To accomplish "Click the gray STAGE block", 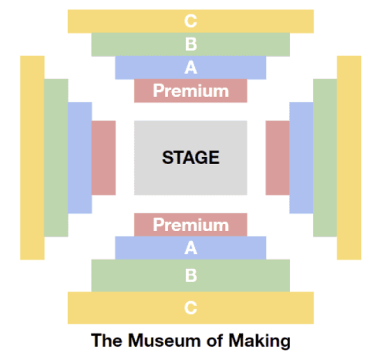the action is pyautogui.click(x=190, y=158).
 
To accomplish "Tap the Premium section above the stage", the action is pyautogui.click(x=190, y=91).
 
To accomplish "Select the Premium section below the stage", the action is pyautogui.click(x=190, y=225).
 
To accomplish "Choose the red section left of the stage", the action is pyautogui.click(x=104, y=158).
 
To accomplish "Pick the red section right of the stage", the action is pyautogui.click(x=277, y=158).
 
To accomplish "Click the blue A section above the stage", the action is pyautogui.click(x=190, y=68).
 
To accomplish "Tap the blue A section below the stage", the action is pyautogui.click(x=190, y=248).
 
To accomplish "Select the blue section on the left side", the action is pyautogui.click(x=80, y=158).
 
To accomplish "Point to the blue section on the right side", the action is pyautogui.click(x=301, y=158).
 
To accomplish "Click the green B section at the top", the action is pyautogui.click(x=190, y=45).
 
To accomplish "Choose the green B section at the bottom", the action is pyautogui.click(x=190, y=276).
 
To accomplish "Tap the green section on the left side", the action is pyautogui.click(x=56, y=158).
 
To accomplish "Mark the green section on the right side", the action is pyautogui.click(x=325, y=158).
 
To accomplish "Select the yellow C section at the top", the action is pyautogui.click(x=190, y=21).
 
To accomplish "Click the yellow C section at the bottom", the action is pyautogui.click(x=190, y=308).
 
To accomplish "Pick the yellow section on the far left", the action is pyautogui.click(x=32, y=158).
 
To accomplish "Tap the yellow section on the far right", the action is pyautogui.click(x=349, y=158).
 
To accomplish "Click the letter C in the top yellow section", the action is pyautogui.click(x=190, y=21).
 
